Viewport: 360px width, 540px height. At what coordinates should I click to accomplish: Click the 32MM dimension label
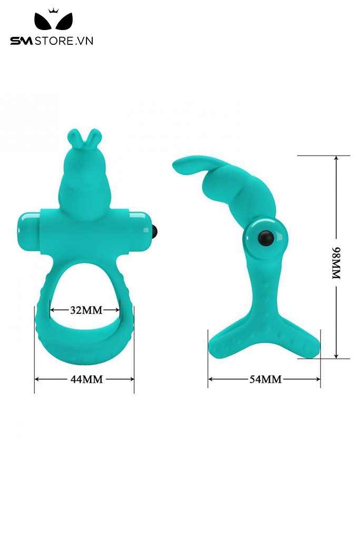(86, 310)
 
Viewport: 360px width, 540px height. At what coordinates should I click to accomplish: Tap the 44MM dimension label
(87, 379)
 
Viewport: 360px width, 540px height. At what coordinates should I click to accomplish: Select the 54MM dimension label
(265, 379)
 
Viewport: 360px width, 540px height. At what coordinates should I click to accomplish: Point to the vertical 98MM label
(336, 263)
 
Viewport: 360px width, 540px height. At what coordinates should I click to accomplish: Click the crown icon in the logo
(53, 11)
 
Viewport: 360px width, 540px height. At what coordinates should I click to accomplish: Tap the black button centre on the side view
(267, 238)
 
